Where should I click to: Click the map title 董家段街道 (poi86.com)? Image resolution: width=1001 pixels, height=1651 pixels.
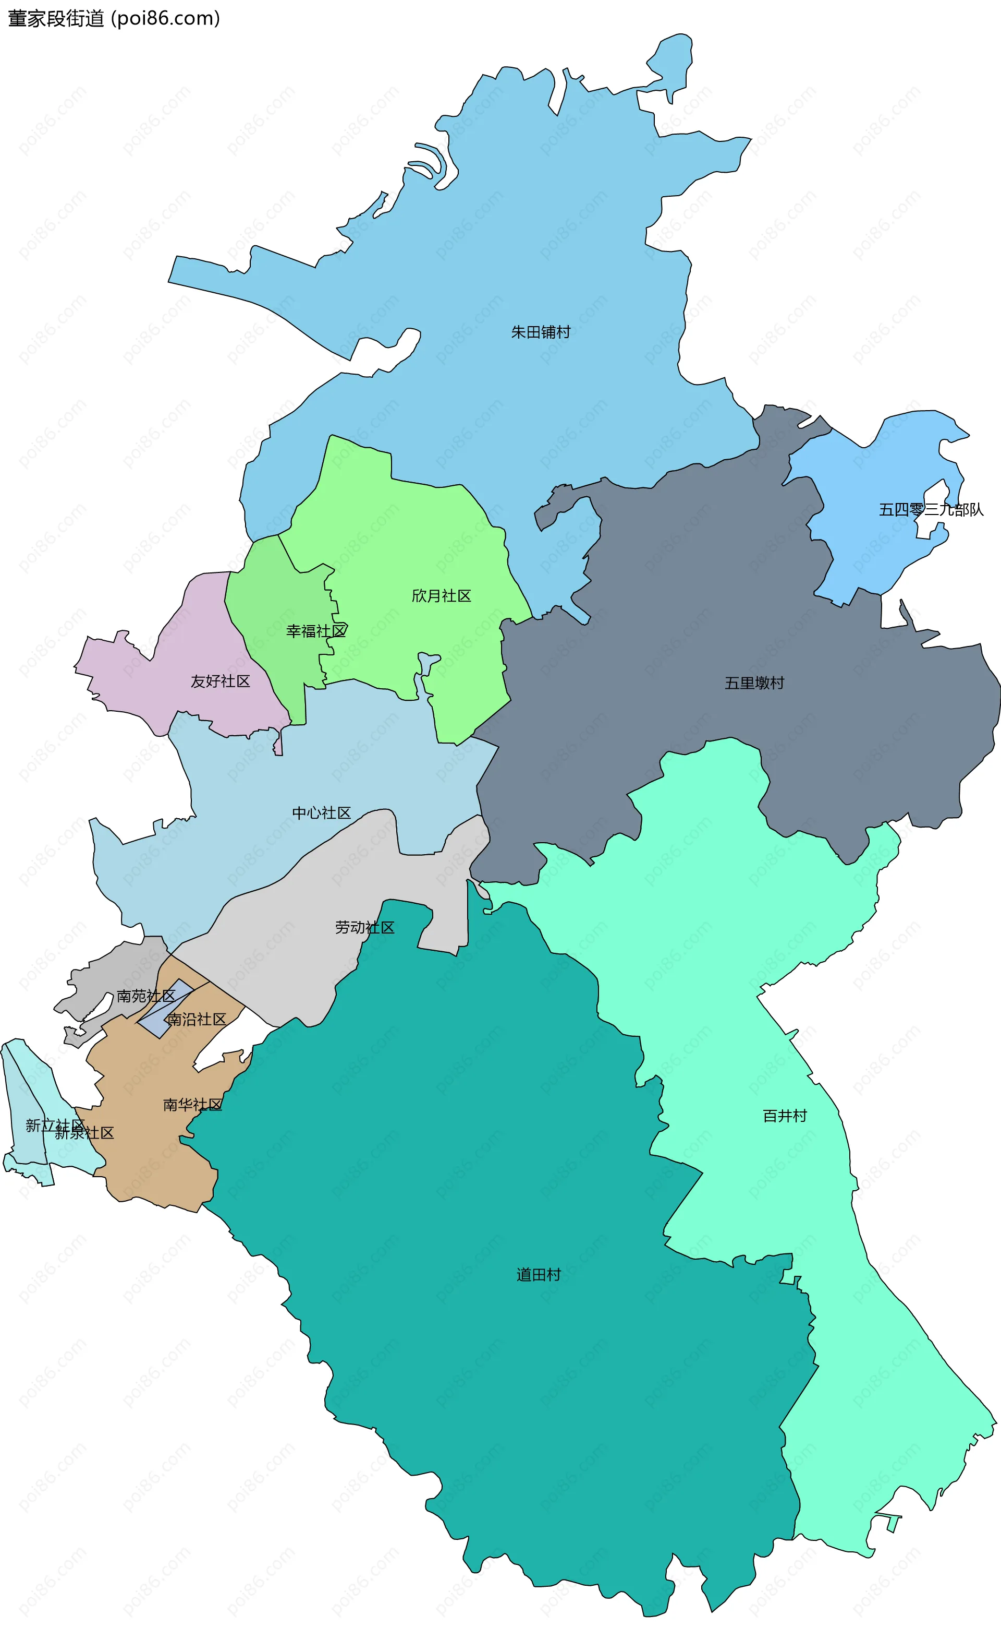click(114, 19)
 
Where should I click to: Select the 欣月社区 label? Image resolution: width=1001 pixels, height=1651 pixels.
click(441, 596)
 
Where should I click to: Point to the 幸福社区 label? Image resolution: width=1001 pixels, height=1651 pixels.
click(316, 631)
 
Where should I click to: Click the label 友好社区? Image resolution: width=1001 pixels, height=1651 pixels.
click(221, 681)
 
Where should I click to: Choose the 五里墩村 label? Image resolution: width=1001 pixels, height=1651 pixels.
click(754, 683)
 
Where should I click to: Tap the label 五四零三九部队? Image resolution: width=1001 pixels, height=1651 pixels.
click(931, 510)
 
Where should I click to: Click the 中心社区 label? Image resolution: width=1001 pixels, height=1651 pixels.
click(321, 813)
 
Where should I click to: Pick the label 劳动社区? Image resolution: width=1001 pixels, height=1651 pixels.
click(365, 927)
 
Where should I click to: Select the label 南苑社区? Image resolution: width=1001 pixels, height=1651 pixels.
click(146, 996)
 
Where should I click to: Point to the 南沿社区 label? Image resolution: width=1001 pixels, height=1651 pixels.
click(197, 1019)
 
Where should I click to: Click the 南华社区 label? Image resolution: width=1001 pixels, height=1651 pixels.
click(193, 1105)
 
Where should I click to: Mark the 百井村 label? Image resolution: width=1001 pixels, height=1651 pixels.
click(785, 1116)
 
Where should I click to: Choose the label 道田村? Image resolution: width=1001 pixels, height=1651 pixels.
click(539, 1274)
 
